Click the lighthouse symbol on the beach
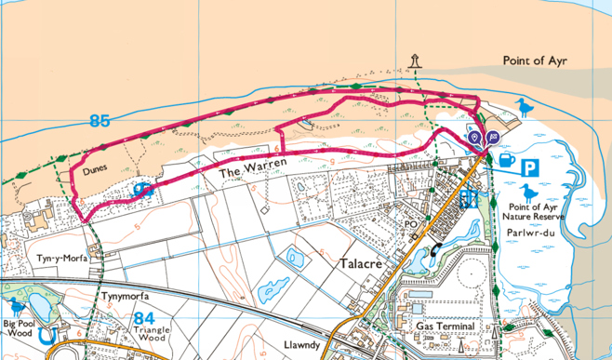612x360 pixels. [x=415, y=61]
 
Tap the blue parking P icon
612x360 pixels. [x=529, y=167]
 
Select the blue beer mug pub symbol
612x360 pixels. [x=504, y=161]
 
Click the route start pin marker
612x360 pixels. [x=475, y=139]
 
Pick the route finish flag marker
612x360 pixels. [x=492, y=138]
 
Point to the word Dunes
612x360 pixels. [x=96, y=168]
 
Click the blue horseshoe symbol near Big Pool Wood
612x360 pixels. [x=51, y=328]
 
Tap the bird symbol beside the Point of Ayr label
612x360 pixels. [x=527, y=109]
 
